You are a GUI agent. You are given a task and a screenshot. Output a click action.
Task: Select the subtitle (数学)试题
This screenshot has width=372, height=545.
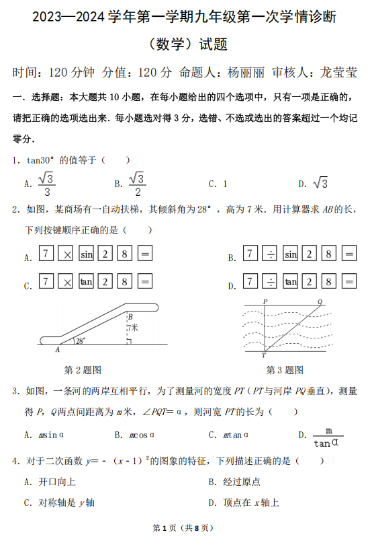(186, 44)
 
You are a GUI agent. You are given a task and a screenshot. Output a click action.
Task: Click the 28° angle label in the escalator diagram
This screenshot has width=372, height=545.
(81, 340)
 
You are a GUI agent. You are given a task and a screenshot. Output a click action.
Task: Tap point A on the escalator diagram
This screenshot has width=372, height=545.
(57, 349)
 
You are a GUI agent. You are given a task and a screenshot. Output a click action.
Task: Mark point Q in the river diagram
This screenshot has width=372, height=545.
(320, 301)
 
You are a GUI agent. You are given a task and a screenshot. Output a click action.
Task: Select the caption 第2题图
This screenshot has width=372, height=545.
(82, 369)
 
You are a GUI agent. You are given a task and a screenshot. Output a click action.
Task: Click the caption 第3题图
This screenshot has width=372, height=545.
(285, 369)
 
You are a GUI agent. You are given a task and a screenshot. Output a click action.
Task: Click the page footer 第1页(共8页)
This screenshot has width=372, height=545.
(185, 528)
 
